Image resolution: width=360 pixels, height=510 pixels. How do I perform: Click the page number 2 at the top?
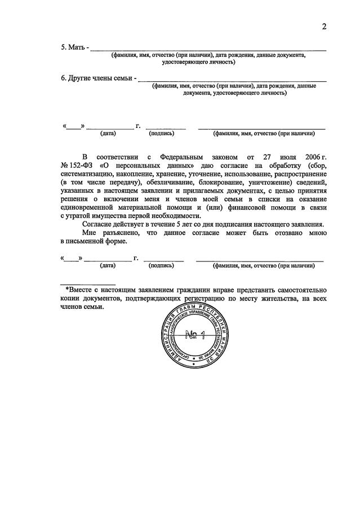point(325,26)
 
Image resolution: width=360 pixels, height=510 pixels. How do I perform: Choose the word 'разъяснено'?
point(122,233)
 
